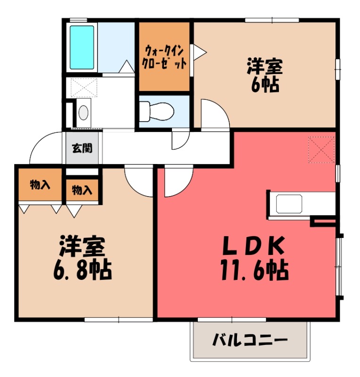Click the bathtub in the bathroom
(82, 47)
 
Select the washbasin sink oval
(83, 112)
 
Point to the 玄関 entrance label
(82, 148)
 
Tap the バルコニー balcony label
(249, 340)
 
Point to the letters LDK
(253, 245)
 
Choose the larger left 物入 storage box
(40, 185)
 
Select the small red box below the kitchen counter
(323, 221)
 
